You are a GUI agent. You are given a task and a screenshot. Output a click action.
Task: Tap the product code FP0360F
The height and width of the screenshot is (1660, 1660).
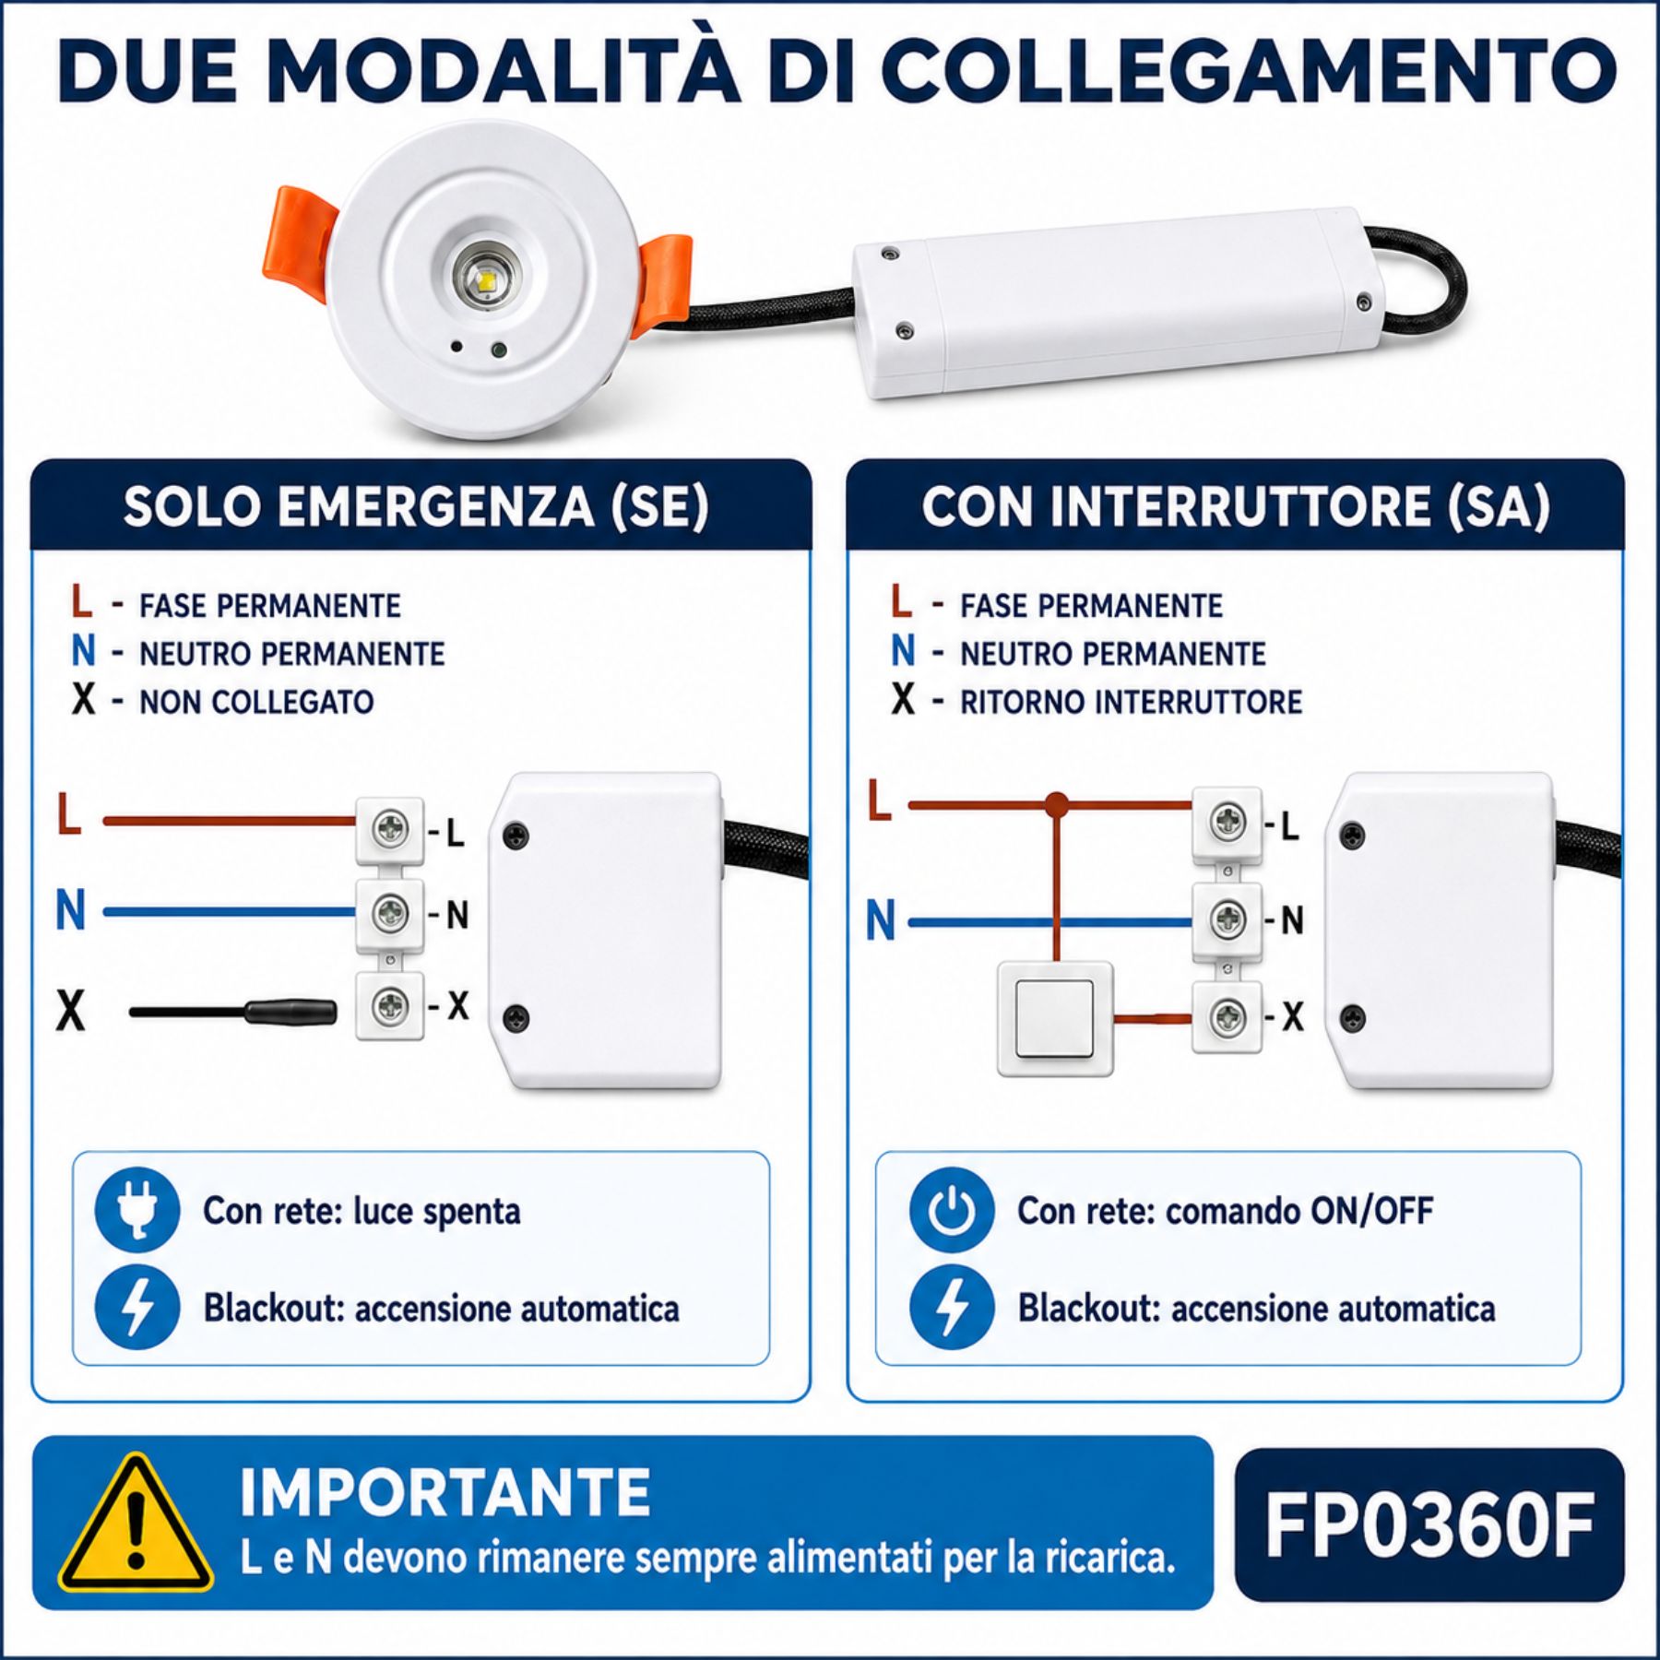[1429, 1525]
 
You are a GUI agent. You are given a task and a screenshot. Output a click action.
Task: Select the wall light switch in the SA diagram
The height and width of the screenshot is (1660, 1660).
[1056, 1018]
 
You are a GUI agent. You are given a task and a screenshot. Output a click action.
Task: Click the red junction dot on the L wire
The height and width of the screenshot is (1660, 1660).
[1057, 804]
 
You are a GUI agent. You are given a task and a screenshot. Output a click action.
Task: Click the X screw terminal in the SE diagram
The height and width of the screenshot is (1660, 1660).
[390, 1005]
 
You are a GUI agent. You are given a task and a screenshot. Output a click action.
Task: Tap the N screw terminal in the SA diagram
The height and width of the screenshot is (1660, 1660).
[1227, 919]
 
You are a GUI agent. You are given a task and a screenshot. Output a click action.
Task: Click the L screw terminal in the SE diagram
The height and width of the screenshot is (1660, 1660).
[390, 830]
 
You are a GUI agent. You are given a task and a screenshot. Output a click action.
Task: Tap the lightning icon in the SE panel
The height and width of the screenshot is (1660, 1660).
[136, 1307]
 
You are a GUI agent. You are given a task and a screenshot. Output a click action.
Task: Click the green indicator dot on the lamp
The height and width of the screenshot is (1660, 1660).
[499, 350]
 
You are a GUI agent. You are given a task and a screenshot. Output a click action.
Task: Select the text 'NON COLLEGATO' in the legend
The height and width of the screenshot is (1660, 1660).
[256, 702]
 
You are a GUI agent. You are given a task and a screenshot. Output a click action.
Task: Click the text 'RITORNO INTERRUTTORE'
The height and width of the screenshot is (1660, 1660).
[1131, 702]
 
